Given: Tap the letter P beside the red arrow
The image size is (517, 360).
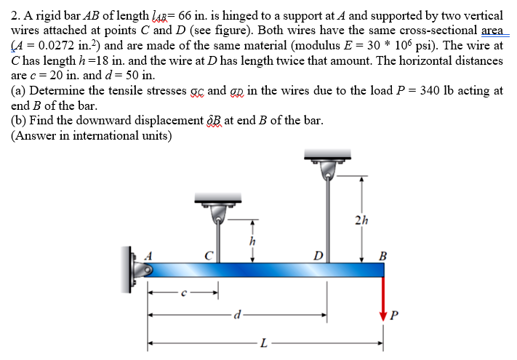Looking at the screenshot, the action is point(393,316).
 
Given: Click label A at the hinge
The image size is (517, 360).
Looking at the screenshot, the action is point(148,256).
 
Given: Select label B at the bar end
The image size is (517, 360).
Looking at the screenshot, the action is point(382,256).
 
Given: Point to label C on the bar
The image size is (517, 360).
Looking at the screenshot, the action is point(209,256).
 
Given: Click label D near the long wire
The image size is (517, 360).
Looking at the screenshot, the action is point(318,256).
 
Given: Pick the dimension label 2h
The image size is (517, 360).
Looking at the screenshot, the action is point(361,220).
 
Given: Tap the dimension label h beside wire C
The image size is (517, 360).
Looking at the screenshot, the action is point(252,241).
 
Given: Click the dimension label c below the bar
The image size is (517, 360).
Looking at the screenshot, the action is point(184,293).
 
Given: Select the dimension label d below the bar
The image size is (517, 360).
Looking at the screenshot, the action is point(237,315).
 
